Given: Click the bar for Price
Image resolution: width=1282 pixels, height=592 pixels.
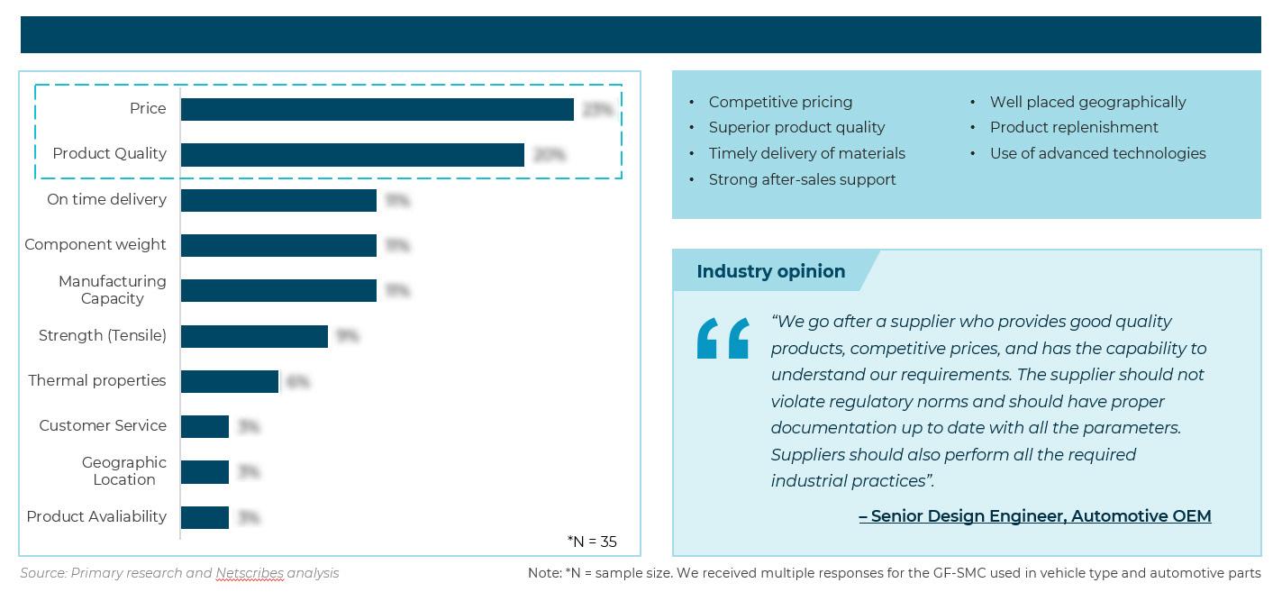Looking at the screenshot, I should pyautogui.click(x=377, y=109).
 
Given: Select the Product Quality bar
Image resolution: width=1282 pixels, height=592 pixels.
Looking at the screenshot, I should pyautogui.click(x=352, y=155).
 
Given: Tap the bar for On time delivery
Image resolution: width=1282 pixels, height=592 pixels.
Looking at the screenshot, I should pyautogui.click(x=278, y=200).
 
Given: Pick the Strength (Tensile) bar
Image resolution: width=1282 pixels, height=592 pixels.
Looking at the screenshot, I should pyautogui.click(x=254, y=336).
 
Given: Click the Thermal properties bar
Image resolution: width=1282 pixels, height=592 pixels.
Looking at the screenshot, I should pyautogui.click(x=230, y=381).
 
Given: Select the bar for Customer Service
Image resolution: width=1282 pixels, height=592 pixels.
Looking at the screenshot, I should pyautogui.click(x=205, y=426).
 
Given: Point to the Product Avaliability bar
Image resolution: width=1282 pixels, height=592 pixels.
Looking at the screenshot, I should pyautogui.click(x=205, y=517).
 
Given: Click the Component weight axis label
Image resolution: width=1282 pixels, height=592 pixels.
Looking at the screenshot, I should pyautogui.click(x=95, y=244).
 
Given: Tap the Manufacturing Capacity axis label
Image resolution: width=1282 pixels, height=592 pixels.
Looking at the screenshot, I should pyautogui.click(x=112, y=290).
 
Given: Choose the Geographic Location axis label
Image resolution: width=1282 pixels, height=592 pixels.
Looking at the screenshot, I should pyautogui.click(x=123, y=471).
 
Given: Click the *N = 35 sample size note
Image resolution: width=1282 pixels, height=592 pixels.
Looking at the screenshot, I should pyautogui.click(x=592, y=542).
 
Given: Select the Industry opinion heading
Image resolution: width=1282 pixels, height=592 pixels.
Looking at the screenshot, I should pyautogui.click(x=770, y=271).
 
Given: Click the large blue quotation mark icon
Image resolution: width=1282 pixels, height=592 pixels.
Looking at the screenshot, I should pyautogui.click(x=723, y=338).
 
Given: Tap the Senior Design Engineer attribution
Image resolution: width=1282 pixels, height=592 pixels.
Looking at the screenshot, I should pyautogui.click(x=1034, y=516).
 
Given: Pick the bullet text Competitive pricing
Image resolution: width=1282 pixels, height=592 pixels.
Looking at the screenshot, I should pyautogui.click(x=780, y=102).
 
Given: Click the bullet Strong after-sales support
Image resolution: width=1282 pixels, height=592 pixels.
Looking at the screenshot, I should pyautogui.click(x=802, y=179).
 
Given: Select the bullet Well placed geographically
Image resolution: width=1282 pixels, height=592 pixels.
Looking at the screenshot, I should pyautogui.click(x=1087, y=102).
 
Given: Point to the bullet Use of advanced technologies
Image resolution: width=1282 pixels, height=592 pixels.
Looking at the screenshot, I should pyautogui.click(x=1097, y=153).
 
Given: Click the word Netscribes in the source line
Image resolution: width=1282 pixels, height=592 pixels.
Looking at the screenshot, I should pyautogui.click(x=250, y=573).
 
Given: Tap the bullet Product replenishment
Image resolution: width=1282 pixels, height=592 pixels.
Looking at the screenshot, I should pyautogui.click(x=1074, y=127).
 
